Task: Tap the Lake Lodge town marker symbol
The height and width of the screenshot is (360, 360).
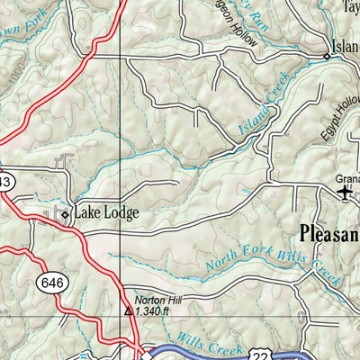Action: pos(64,214)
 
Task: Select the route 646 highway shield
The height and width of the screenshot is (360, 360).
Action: pos(49,283)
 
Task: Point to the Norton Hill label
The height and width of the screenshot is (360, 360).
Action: pos(153,301)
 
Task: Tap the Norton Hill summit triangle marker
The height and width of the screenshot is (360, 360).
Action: pos(129,312)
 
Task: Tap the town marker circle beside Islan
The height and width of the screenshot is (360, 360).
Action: pos(327,56)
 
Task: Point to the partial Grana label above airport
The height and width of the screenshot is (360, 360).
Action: pos(347,178)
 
